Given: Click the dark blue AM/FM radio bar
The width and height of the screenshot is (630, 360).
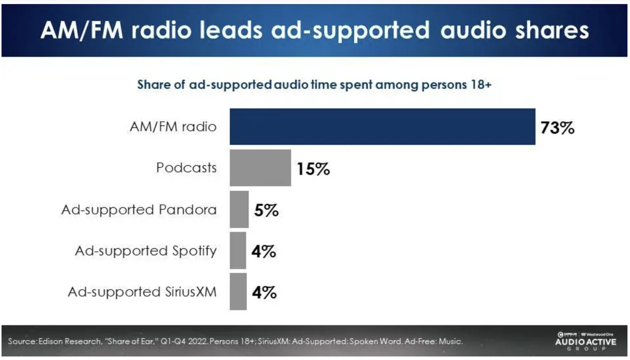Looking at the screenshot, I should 382,127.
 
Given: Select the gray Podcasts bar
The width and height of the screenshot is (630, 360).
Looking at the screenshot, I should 260,168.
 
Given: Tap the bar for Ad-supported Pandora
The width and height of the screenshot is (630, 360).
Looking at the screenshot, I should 239,209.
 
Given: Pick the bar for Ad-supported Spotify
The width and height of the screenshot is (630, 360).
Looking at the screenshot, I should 238,251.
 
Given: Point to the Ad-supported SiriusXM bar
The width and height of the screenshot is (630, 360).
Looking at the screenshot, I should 238,292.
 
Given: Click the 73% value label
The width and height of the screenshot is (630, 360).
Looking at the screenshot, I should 557,128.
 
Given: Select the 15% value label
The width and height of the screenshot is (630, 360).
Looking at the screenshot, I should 313,169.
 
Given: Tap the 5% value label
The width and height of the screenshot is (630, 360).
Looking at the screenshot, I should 266,210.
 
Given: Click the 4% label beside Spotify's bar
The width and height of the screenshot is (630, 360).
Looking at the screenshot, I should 264,251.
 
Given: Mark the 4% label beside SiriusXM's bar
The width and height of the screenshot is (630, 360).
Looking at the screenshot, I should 264,292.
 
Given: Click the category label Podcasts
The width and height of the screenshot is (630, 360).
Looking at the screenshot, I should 186,168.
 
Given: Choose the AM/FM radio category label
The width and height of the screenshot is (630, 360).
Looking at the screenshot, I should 173,127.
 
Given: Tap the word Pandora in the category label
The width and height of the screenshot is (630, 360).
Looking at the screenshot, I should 187,210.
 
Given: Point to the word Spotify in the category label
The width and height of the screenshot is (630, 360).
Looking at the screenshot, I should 194,251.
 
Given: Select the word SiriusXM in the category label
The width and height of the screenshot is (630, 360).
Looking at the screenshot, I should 191,292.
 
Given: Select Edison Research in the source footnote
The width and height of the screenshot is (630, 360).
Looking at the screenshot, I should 70,341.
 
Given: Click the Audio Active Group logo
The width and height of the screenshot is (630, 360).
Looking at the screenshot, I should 585,342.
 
